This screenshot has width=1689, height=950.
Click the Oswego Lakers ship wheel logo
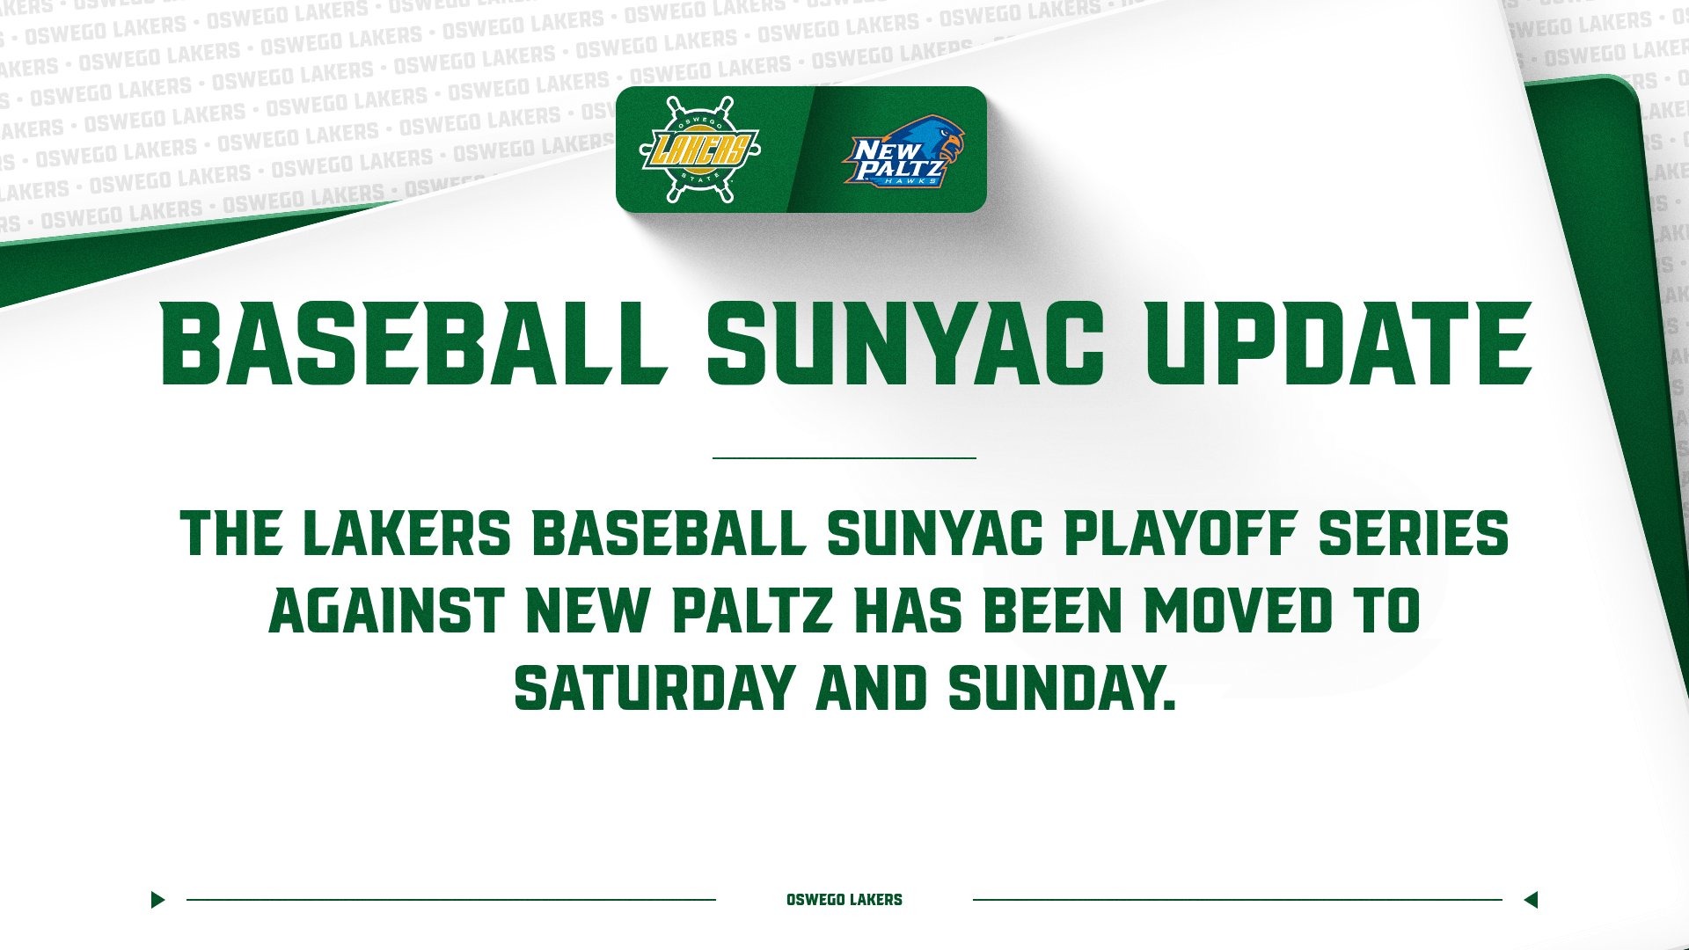(x=699, y=150)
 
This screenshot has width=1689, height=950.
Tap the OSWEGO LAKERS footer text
(x=844, y=900)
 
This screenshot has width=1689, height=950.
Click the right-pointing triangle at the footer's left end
(x=157, y=900)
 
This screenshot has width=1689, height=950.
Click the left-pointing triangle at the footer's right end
(x=1531, y=900)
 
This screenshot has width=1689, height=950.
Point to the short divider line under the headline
(x=844, y=458)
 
